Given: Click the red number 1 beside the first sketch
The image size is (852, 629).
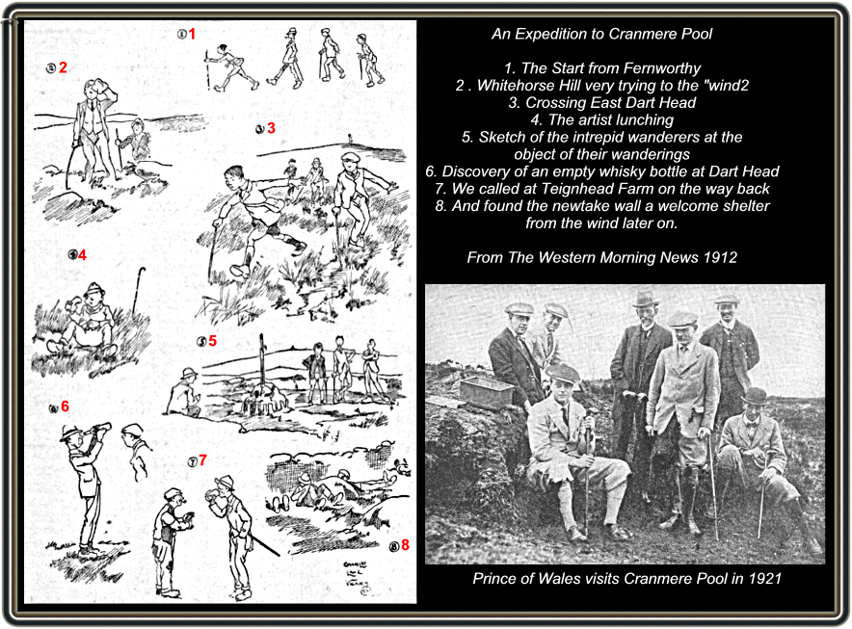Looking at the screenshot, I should (x=192, y=35).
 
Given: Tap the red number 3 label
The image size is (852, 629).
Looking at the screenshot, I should (x=272, y=128).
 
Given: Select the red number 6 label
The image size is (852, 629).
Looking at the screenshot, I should (x=65, y=406).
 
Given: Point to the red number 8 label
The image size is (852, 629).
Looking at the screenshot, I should (x=406, y=546).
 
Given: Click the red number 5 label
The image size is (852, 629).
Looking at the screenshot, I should (x=212, y=341).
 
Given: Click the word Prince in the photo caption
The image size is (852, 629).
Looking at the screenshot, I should (x=494, y=579).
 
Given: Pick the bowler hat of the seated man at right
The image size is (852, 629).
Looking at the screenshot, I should (x=754, y=396).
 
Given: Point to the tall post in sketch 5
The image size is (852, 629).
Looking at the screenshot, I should (x=261, y=370).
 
